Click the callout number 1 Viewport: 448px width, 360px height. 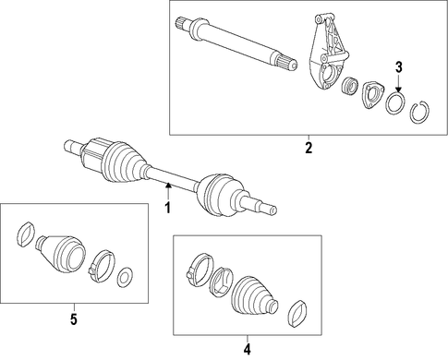(167, 208)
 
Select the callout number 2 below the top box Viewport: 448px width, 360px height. (309, 148)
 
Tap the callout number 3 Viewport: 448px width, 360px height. (399, 67)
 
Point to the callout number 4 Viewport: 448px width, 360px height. (247, 349)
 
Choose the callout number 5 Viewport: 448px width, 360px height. (74, 319)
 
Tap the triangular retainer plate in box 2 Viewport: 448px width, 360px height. (373, 94)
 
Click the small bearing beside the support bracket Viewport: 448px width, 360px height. (350, 85)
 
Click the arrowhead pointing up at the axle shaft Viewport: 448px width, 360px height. (168, 186)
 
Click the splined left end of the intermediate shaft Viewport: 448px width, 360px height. (182, 24)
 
